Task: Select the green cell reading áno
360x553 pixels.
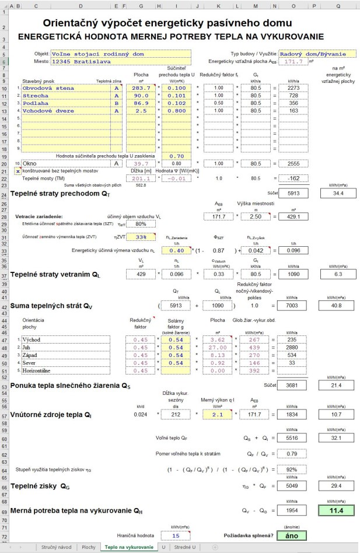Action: tap(288, 535)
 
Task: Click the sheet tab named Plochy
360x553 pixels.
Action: tap(88, 547)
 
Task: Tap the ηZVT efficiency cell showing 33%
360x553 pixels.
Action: tap(141, 237)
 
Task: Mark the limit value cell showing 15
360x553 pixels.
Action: tap(176, 535)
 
